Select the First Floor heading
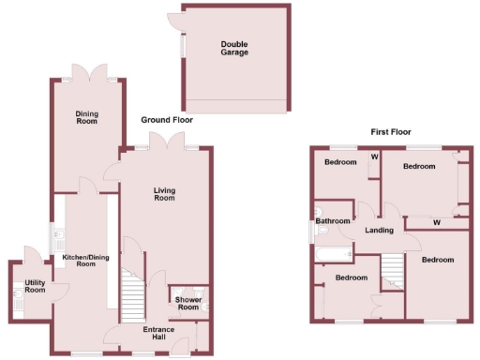click(x=390, y=133)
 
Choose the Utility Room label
click(x=35, y=286)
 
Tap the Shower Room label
click(x=188, y=304)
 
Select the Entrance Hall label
click(x=157, y=334)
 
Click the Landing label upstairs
click(x=379, y=231)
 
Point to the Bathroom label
click(x=333, y=222)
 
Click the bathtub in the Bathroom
click(x=334, y=253)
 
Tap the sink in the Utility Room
click(x=19, y=297)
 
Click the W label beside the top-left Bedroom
click(x=374, y=157)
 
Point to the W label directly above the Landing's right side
click(x=438, y=222)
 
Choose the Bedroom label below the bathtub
click(x=351, y=278)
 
